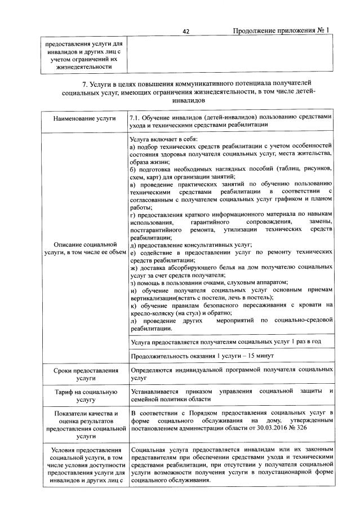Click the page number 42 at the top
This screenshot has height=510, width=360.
pos(186,32)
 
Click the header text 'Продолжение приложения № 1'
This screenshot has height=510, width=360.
pos(281,30)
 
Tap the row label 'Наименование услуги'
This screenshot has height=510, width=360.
pos(85,118)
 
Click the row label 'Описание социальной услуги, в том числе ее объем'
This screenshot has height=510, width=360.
pos(85,249)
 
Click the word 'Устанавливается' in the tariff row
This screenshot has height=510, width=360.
pos(154,391)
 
